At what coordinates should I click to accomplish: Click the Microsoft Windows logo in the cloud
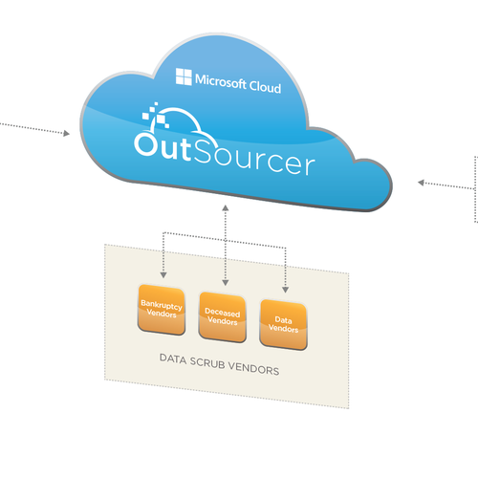[x=184, y=76]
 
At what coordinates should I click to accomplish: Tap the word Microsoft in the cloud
[x=221, y=81]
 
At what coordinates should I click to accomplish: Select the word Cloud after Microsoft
[x=265, y=87]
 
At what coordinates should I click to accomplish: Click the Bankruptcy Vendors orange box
[x=162, y=310]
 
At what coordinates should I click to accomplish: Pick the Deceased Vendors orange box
[x=223, y=317]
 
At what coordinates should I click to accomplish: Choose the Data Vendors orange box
[x=283, y=324]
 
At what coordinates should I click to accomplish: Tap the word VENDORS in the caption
[x=253, y=369]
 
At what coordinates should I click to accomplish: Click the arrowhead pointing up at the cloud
[x=226, y=207]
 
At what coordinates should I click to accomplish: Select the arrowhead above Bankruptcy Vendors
[x=163, y=275]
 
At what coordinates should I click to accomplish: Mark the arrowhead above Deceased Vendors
[x=226, y=283]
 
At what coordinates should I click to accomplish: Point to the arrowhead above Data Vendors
[x=285, y=290]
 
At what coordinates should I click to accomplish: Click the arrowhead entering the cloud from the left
[x=66, y=133]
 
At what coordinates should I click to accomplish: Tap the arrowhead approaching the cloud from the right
[x=421, y=183]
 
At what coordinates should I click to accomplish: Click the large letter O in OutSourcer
[x=146, y=144]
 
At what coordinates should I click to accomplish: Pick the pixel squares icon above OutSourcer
[x=155, y=116]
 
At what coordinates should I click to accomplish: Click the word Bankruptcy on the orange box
[x=162, y=305]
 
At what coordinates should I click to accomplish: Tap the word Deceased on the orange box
[x=223, y=313]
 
